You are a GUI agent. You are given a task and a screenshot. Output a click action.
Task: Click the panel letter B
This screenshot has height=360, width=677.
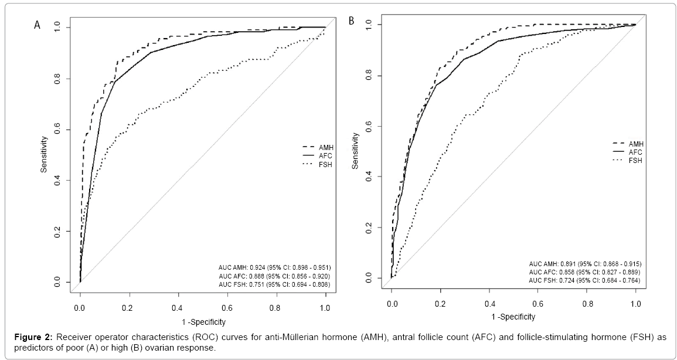[x=352, y=21]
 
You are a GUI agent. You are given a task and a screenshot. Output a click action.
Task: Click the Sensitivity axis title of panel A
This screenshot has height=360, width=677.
[x=44, y=155]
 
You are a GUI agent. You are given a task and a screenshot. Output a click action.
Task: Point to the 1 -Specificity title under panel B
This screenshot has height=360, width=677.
[x=512, y=316]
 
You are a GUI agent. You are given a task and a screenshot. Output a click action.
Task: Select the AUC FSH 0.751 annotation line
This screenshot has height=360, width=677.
[x=274, y=284]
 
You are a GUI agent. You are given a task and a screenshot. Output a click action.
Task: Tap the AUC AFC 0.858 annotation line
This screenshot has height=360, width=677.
[x=584, y=272]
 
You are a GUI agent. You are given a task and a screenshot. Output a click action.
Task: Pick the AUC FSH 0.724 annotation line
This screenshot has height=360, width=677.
[x=584, y=281]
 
